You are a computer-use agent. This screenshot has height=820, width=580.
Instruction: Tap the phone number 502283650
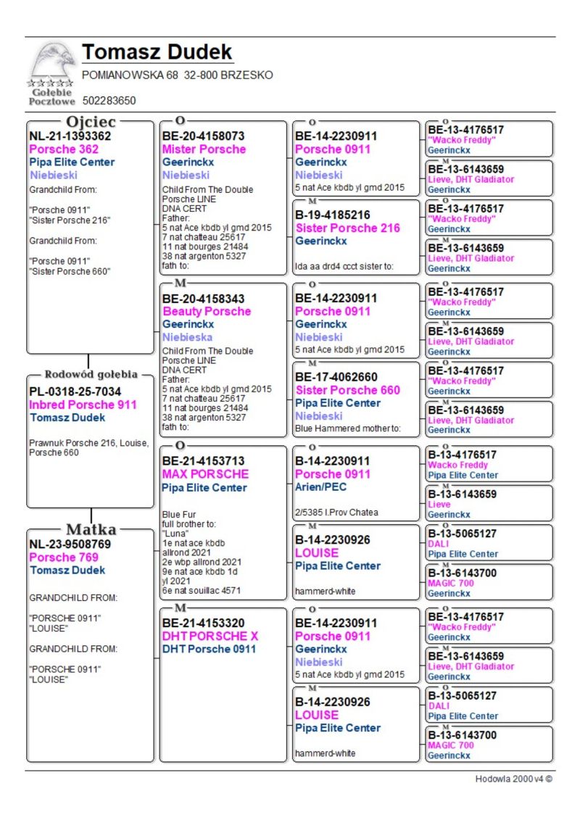click(109, 101)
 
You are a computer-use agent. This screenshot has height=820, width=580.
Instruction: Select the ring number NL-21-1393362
click(70, 136)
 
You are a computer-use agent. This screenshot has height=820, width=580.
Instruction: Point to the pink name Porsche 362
click(64, 149)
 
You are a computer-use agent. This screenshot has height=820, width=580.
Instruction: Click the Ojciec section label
click(91, 121)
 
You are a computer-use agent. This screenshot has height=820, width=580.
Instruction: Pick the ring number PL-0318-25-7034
click(75, 392)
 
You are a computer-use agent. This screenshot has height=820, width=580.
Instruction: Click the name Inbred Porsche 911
click(83, 405)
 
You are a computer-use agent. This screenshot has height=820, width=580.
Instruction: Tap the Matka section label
click(91, 529)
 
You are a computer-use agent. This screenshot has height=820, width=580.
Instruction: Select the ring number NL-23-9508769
click(70, 544)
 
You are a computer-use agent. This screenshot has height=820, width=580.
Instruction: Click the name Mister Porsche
click(204, 149)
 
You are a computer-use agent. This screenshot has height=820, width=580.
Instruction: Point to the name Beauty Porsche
click(206, 311)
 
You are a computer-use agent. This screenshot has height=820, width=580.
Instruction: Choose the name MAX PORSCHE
click(205, 473)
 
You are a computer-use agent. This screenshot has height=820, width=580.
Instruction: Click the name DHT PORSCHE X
click(210, 636)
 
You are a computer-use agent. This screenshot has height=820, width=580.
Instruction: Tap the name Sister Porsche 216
click(347, 228)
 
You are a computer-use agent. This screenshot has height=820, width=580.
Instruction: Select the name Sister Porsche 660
click(347, 390)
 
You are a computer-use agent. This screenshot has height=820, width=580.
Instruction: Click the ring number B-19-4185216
click(333, 215)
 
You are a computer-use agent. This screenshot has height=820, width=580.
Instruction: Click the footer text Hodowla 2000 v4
click(513, 779)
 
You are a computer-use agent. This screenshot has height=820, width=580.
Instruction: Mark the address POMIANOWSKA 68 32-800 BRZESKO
click(178, 75)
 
